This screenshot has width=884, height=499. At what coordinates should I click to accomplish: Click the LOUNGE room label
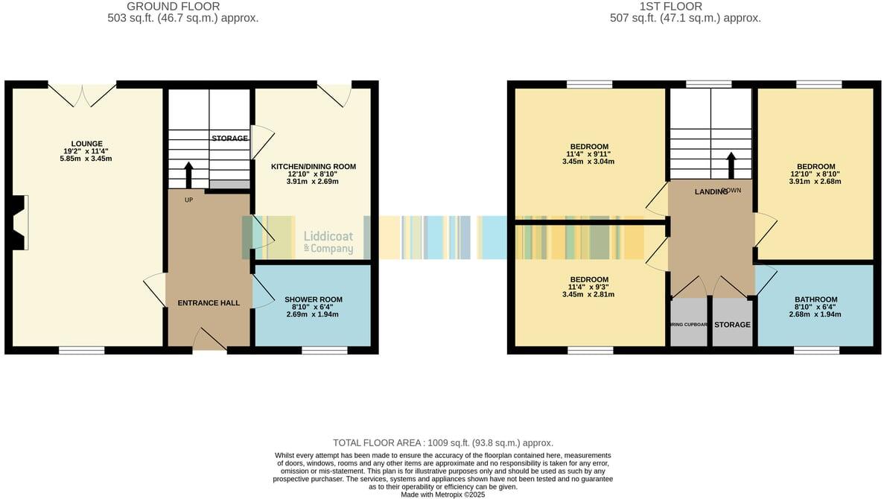87,144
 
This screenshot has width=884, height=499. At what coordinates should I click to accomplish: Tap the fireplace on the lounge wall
20,222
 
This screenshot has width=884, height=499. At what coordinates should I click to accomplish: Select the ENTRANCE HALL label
209,303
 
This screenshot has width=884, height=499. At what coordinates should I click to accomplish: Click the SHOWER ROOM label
313,299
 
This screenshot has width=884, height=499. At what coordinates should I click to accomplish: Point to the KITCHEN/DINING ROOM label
313,166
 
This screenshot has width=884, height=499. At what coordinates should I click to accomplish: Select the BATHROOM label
815,299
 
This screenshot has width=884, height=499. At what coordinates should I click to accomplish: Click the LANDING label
710,192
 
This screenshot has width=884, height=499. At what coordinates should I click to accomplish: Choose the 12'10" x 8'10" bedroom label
815,167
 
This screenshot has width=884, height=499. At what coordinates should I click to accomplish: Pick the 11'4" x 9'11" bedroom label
589,146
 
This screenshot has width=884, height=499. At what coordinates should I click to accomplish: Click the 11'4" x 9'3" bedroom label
589,279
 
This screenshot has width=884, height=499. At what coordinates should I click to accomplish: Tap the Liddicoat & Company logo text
328,242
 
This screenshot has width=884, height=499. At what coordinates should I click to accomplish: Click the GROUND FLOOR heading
182,7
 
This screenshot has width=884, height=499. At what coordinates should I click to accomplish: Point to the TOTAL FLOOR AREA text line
442,442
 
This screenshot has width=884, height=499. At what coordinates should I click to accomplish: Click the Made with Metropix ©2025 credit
442,494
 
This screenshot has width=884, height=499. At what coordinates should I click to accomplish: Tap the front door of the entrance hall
209,341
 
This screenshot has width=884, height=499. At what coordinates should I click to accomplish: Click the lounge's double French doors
83,93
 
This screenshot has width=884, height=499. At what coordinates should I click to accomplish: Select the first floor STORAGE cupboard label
732,325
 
